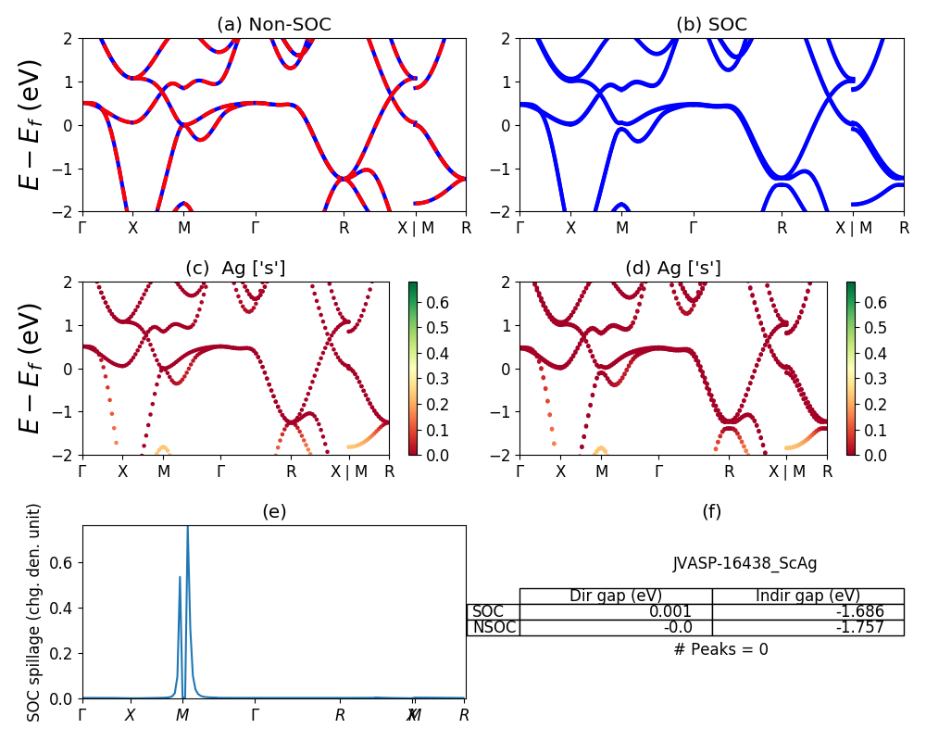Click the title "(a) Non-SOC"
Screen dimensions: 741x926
273,25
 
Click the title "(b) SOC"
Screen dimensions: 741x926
711,25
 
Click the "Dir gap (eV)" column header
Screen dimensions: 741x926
616,596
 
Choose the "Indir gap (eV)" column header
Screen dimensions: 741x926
807,596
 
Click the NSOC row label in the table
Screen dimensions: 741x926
494,627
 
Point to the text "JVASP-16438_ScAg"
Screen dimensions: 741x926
745,563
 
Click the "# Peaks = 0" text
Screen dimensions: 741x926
720,649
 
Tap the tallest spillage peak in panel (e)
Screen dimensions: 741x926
188,528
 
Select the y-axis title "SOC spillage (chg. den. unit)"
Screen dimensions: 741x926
34,612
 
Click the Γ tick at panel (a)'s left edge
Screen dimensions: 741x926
82,228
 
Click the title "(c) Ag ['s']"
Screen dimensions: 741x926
235,269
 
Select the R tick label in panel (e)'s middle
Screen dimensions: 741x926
340,715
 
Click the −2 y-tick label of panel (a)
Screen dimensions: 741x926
68,211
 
